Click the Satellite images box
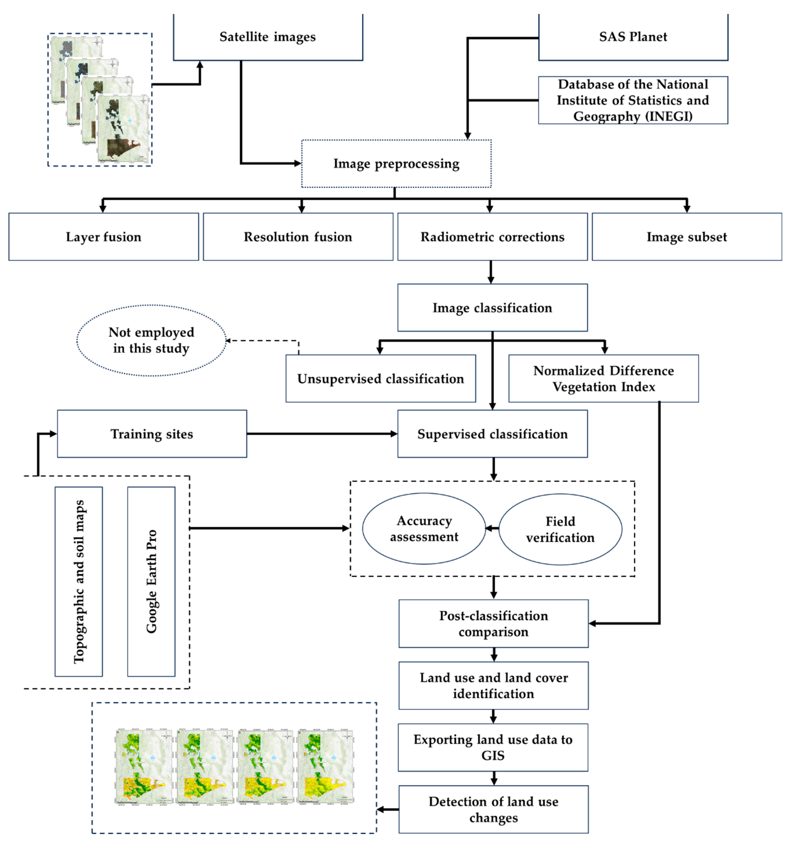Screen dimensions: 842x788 point(268,37)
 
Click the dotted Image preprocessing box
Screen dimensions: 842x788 point(396,163)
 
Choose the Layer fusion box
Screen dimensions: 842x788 point(103,237)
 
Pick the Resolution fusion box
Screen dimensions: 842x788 point(298,237)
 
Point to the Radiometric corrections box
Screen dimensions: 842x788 point(492,237)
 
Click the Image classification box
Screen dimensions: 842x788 point(492,308)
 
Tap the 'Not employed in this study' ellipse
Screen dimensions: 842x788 point(151,340)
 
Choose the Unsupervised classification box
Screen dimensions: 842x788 point(380,379)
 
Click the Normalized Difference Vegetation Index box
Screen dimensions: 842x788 point(603,379)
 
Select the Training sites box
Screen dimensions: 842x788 point(152,434)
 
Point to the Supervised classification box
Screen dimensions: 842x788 point(492,434)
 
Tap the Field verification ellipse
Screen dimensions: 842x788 point(560,529)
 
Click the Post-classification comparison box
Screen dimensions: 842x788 point(493,623)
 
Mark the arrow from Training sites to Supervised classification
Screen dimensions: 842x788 point(322,434)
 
